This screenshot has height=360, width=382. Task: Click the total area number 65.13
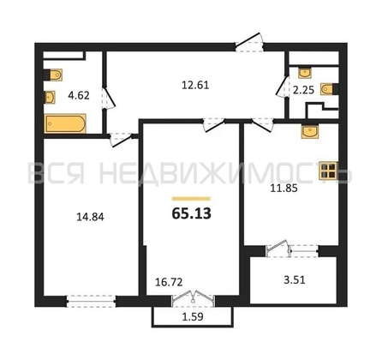tap(192, 213)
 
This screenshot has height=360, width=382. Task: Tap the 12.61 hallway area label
tap(195, 85)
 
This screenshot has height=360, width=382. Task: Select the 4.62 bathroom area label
tap(79, 95)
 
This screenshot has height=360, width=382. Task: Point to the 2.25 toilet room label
tap(303, 90)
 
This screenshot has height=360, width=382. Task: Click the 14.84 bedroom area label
tap(90, 217)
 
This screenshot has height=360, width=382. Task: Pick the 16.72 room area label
tap(169, 282)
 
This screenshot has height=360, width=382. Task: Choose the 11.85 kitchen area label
tap(284, 189)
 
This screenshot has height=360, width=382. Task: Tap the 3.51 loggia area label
tap(295, 280)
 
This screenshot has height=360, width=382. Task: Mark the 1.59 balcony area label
tap(193, 316)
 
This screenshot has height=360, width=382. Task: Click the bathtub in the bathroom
tap(65, 123)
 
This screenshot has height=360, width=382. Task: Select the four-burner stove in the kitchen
tap(329, 171)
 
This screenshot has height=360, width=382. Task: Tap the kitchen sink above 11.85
tap(310, 132)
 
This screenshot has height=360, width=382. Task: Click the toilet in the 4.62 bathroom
tap(53, 75)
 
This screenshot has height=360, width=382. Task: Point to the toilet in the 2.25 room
tap(329, 89)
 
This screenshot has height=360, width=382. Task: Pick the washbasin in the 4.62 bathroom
tap(50, 97)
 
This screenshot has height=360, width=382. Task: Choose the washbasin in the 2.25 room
tap(305, 73)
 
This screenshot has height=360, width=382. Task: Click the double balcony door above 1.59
tap(194, 299)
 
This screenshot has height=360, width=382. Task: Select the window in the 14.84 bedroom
tap(91, 301)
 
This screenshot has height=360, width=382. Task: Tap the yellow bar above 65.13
tap(191, 199)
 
